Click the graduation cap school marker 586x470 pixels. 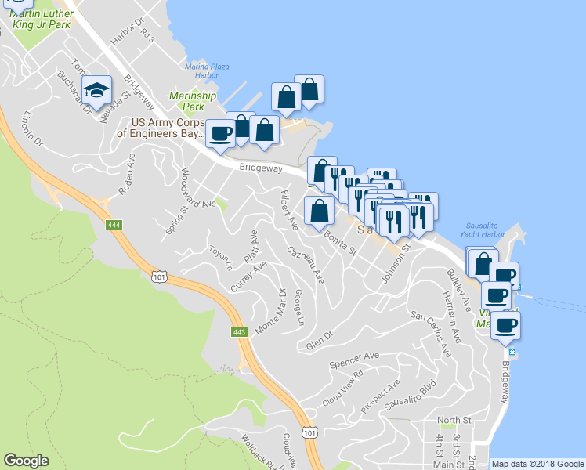[97, 90]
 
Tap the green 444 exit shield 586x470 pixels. [114, 225]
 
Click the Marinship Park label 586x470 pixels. [186, 101]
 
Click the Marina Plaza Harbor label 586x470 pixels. [206, 71]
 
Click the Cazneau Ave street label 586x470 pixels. [306, 265]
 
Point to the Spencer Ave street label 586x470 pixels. [354, 360]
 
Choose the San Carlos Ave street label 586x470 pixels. [432, 335]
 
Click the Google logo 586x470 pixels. [27, 461]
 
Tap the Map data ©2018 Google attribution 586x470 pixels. [537, 464]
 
